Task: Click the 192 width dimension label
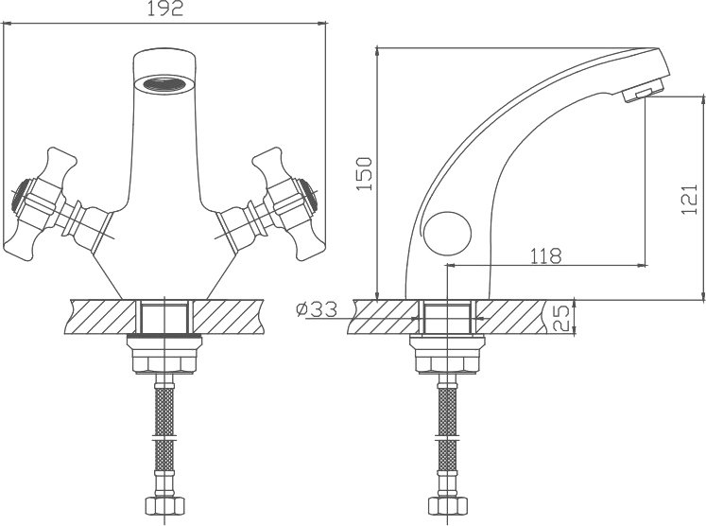(165, 9)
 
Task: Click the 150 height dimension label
(364, 174)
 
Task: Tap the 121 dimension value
(689, 200)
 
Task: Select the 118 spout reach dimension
(545, 256)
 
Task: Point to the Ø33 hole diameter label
(317, 309)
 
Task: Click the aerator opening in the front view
(165, 84)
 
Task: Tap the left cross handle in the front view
(40, 203)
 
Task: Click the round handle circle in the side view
(448, 235)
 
